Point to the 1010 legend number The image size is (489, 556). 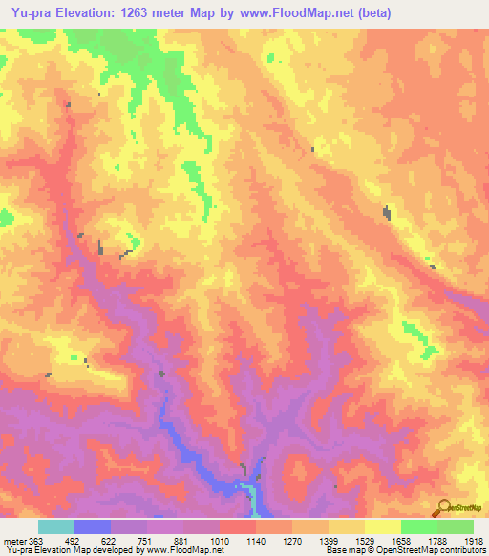tap(221, 539)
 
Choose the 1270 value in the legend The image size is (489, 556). tap(292, 539)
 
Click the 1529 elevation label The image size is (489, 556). tap(364, 539)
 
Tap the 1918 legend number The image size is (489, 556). tap(473, 539)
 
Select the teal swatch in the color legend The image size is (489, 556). tap(56, 526)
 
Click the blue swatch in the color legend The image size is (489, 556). tap(93, 526)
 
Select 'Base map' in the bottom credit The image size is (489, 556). tap(340, 550)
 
